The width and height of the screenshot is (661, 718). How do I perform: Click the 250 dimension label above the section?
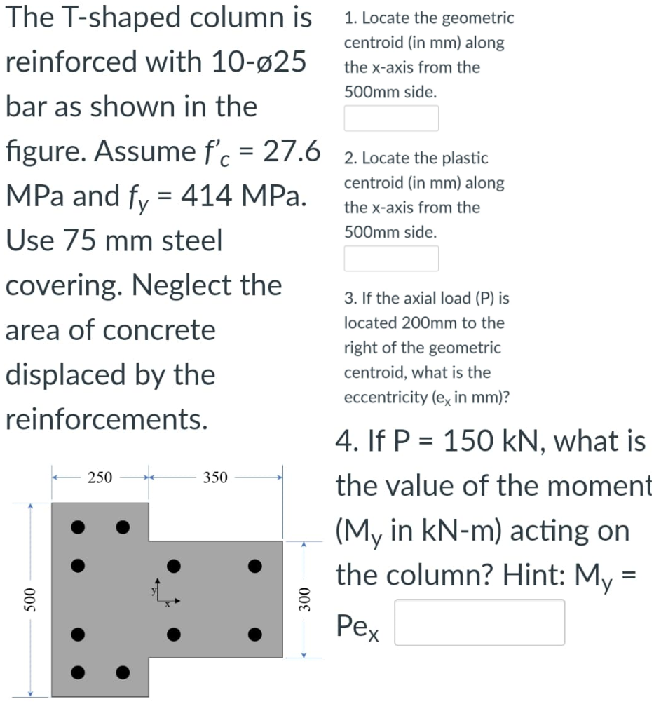pos(100,477)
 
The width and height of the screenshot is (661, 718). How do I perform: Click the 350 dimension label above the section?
pos(215,477)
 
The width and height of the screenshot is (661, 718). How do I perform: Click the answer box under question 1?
pos(391,118)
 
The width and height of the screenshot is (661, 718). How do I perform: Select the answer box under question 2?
pos(391,258)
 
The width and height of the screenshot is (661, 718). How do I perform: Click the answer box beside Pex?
pos(479,622)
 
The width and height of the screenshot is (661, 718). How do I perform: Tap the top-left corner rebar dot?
pos(80,525)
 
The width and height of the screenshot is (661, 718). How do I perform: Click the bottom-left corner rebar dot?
pos(80,673)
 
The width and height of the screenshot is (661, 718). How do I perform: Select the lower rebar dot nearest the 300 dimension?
pos(257,636)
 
